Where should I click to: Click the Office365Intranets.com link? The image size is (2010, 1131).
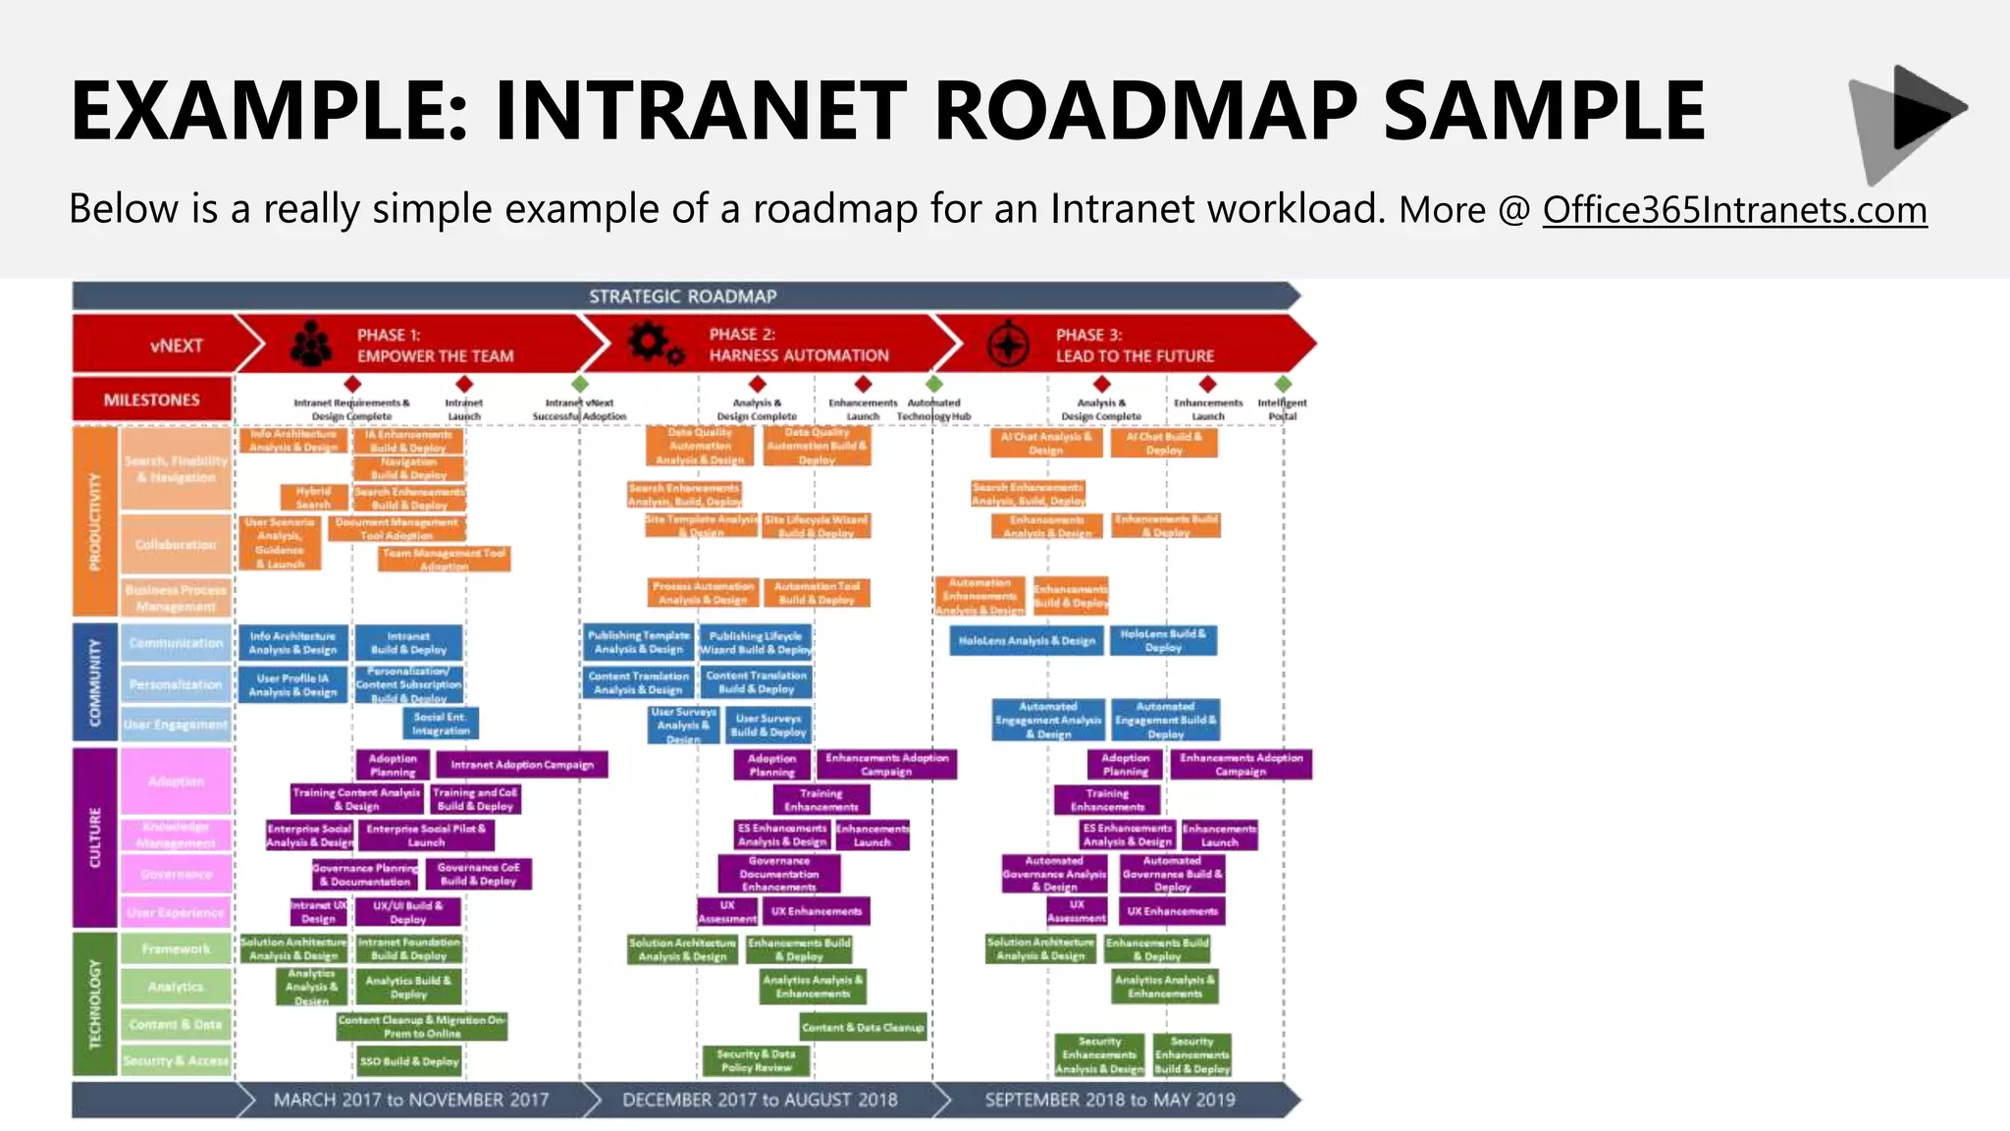coord(1734,210)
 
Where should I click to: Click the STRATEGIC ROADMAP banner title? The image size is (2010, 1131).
coord(682,296)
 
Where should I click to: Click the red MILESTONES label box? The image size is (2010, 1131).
coord(152,400)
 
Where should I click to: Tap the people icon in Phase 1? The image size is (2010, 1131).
coord(311,345)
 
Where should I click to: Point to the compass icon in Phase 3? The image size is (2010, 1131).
coord(1007,345)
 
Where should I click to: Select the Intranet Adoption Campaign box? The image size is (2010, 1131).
coord(522,765)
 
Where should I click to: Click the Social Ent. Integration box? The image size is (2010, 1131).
coord(441,724)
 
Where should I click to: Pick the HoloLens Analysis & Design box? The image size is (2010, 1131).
coord(1027,641)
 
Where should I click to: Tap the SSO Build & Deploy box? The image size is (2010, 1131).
coord(409,1061)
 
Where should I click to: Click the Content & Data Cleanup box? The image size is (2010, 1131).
coord(863,1028)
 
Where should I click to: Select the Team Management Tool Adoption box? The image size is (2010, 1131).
coord(444,560)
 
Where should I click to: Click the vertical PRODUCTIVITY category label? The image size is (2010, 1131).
coord(95,520)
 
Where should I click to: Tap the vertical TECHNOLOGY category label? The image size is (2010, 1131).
coord(95,1003)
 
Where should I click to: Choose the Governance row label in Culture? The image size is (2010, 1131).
coord(176,874)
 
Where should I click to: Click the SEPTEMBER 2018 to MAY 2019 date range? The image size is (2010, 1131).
coord(1110,1100)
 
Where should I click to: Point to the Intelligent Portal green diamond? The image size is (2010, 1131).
coord(1283,384)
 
